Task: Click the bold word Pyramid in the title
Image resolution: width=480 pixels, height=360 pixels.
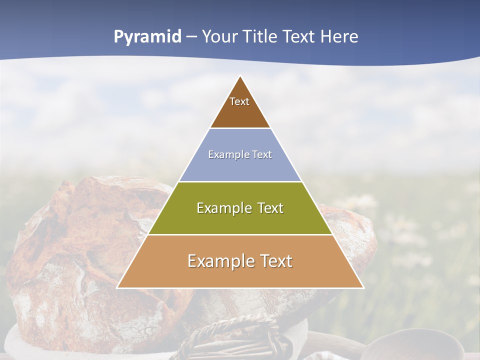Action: [x=147, y=36]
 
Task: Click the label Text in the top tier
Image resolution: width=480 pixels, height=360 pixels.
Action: [x=239, y=101]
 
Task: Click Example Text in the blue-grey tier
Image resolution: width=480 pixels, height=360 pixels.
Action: [x=240, y=154]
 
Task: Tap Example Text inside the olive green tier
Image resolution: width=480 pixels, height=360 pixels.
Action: [x=240, y=208]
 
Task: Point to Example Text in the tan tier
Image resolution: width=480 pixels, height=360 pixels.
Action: [x=240, y=261]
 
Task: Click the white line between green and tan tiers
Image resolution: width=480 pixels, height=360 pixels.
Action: [x=240, y=234]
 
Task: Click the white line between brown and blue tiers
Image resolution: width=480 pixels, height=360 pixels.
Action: [x=240, y=128]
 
